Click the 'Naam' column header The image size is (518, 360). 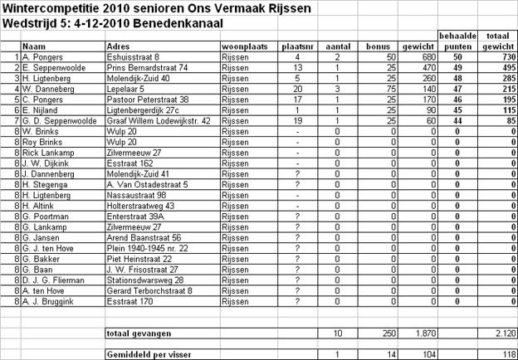click(33, 46)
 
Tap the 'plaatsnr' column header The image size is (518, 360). click(296, 46)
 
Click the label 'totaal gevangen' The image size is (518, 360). click(139, 333)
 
